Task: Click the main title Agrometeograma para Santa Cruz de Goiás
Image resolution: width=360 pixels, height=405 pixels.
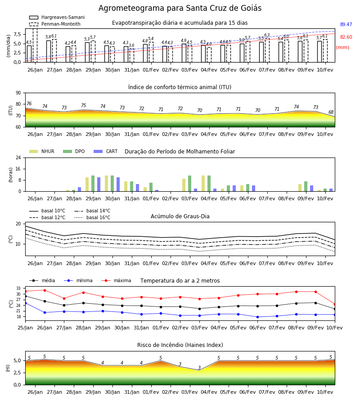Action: pos(180,8)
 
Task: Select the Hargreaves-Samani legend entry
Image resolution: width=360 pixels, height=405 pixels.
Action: pos(57,17)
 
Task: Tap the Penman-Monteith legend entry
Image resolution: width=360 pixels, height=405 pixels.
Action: pos(55,24)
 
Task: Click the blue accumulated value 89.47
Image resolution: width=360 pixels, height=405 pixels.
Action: pos(346,24)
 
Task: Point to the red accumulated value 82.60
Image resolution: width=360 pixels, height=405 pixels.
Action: pos(346,37)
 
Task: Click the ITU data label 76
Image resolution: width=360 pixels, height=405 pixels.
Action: pos(29,103)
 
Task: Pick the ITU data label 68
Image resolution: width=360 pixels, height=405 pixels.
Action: pos(331,112)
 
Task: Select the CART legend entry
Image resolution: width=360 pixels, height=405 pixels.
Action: pos(105,151)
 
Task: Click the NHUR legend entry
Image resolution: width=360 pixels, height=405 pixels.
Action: pos(41,151)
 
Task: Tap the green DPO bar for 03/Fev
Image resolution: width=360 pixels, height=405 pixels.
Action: pos(189,184)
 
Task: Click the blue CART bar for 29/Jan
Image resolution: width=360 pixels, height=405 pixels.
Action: pos(99,184)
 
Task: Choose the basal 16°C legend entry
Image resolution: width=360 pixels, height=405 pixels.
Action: pos(92,217)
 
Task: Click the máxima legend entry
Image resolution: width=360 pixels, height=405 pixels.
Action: pos(116,280)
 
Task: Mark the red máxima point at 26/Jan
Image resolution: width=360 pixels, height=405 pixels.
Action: pos(45,290)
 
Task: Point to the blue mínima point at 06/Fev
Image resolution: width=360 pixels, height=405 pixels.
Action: pos(257,317)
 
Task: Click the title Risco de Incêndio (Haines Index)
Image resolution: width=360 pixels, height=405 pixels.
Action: pos(180,345)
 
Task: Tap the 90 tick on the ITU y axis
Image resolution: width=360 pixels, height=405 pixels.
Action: pos(18,93)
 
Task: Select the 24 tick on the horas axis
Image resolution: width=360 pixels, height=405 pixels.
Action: pos(18,157)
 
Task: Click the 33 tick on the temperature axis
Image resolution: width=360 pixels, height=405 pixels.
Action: pos(18,288)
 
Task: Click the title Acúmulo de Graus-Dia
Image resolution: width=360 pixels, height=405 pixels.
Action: pos(180,216)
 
